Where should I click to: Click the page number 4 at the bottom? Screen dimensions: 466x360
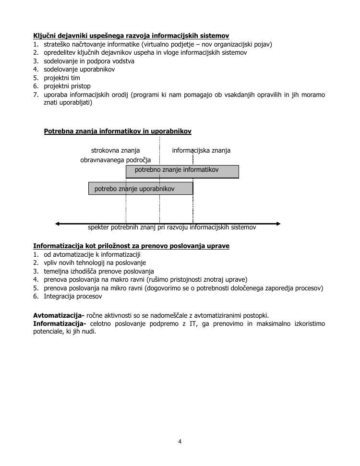point(180,442)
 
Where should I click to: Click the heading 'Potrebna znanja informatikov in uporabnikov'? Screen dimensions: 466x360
point(118,131)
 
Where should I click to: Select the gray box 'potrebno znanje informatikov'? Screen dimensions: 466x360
point(182,171)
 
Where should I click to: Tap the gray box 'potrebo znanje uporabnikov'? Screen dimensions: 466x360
point(141,189)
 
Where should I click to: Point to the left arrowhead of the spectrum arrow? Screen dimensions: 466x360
point(58,224)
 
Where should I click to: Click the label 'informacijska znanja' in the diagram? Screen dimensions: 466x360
point(201,150)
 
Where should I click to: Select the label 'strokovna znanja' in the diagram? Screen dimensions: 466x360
point(115,150)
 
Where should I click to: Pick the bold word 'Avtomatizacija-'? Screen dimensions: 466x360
point(59,315)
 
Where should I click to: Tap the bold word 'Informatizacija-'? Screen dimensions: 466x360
point(60,323)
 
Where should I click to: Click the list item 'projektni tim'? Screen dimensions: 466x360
point(62,78)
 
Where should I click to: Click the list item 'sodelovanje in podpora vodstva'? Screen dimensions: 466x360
point(89,61)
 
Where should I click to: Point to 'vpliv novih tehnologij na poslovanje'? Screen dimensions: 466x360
point(95,263)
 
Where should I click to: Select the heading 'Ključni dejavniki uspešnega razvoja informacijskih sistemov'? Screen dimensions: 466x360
point(131,36)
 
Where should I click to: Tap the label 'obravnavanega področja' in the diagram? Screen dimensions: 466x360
point(115,160)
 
